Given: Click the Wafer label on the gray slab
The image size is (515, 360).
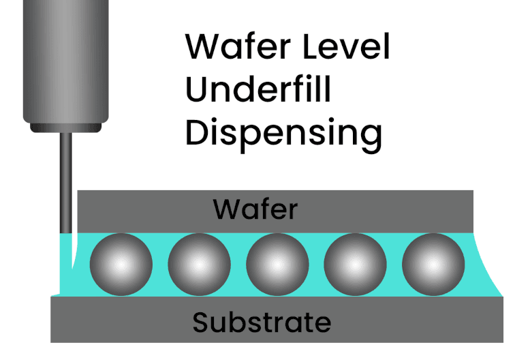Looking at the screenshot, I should [255, 209].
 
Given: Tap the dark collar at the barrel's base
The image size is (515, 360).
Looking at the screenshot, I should [65, 127].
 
